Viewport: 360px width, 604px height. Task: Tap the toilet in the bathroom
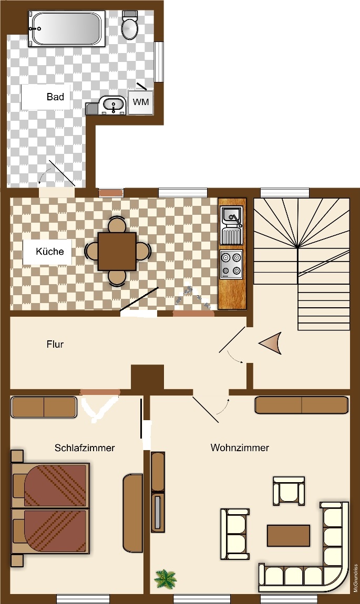[129, 25]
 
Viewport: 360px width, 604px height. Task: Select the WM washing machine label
[141, 102]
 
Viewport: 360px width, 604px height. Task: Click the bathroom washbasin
[112, 105]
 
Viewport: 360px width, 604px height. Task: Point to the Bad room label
[55, 97]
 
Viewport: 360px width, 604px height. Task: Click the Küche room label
[50, 252]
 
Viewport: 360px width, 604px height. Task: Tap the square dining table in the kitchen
[117, 251]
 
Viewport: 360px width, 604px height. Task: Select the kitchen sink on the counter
[231, 225]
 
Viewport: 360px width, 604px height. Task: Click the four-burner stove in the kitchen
[231, 264]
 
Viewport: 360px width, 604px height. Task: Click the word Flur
[55, 344]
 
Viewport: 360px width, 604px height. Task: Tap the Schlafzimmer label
[85, 447]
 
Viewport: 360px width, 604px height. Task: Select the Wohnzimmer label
[240, 447]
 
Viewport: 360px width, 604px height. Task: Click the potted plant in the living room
[166, 579]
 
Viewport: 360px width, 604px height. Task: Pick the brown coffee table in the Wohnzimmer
[289, 535]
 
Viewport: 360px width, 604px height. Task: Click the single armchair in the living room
[289, 491]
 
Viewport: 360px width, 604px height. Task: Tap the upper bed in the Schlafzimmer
[50, 485]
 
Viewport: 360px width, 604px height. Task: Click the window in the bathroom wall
[159, 61]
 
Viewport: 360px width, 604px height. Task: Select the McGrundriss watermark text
[355, 578]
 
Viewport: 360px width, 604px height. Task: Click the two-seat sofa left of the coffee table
[235, 534]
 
